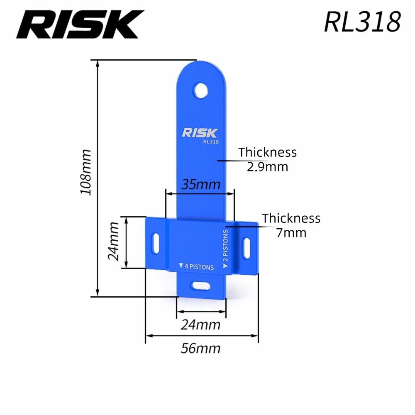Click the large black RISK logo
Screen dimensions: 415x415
[80, 24]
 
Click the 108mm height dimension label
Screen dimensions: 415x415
[86, 172]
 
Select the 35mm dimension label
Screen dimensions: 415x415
[201, 184]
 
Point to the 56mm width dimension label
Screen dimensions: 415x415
[200, 348]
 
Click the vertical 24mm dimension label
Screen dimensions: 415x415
[114, 242]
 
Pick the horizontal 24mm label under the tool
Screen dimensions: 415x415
[200, 325]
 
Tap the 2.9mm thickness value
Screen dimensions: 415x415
[267, 167]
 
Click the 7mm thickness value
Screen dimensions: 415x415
[291, 233]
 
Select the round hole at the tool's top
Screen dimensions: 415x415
[201, 91]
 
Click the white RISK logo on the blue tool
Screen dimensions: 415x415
[200, 133]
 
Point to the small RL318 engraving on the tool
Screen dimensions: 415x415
[211, 142]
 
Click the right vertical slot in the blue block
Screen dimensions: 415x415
[247, 248]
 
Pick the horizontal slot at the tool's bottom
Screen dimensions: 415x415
[201, 286]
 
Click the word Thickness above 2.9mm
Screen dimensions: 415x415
[267, 152]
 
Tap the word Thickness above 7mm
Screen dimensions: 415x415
[291, 218]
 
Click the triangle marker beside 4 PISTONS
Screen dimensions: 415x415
[181, 265]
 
